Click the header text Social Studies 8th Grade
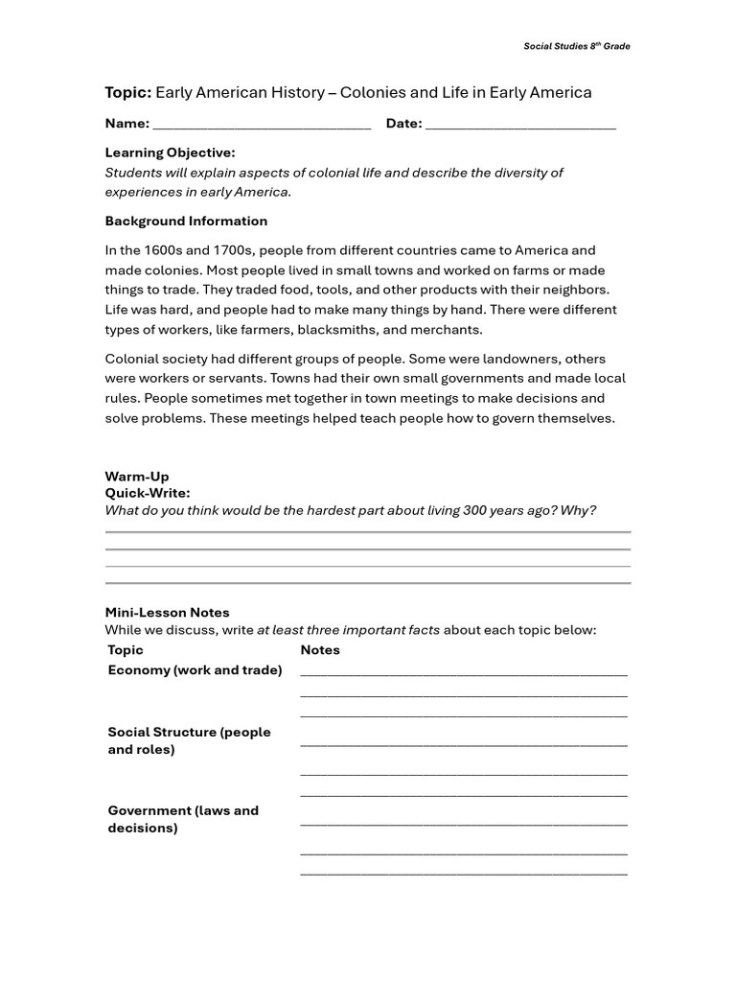[x=576, y=46]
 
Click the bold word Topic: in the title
[x=127, y=93]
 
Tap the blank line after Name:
[x=262, y=126]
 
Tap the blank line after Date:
[x=520, y=126]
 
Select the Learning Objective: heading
[x=170, y=152]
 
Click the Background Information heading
[x=186, y=221]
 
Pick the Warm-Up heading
[x=136, y=477]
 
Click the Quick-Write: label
[x=147, y=493]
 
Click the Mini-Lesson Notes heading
[x=167, y=613]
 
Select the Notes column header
[x=320, y=650]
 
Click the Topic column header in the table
[x=126, y=650]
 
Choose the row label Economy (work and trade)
[x=195, y=670]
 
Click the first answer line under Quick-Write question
[x=368, y=531]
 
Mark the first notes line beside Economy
[x=464, y=674]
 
